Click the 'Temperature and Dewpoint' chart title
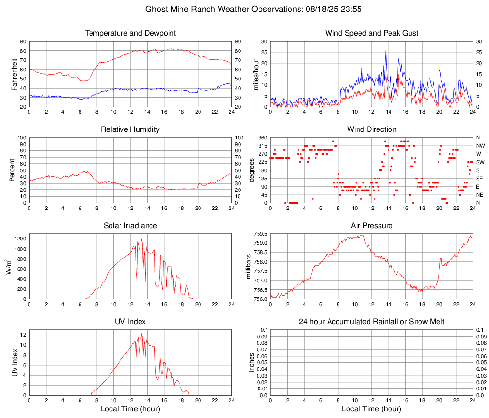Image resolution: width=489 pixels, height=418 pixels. click(x=130, y=33)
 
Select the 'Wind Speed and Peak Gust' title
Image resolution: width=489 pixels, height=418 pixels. click(x=371, y=33)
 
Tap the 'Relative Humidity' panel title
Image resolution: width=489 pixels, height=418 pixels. click(x=130, y=129)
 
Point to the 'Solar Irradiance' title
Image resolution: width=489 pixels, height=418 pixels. click(x=130, y=226)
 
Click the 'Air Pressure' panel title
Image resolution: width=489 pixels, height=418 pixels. click(x=371, y=226)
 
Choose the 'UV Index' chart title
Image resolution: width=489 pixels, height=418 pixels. click(x=130, y=322)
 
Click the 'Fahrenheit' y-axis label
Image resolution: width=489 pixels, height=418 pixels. click(x=14, y=74)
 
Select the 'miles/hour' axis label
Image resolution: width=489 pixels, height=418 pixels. click(x=256, y=74)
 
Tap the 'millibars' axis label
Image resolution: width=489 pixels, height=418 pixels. click(x=248, y=267)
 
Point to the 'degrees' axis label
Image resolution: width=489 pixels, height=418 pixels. click(x=252, y=170)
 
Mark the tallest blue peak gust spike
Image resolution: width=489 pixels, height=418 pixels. click(x=386, y=50)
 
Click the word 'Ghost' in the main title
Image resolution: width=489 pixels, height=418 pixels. click(x=156, y=9)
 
